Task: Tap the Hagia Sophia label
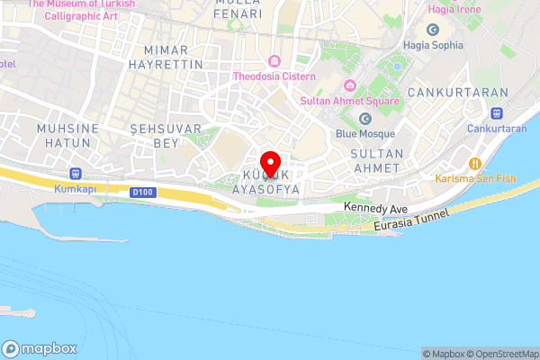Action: [x=433, y=45]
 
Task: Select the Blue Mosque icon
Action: [x=365, y=119]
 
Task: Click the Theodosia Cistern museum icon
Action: [x=272, y=61]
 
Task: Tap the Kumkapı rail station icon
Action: [x=75, y=174]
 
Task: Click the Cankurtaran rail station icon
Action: [x=496, y=113]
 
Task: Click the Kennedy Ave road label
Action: [x=377, y=209]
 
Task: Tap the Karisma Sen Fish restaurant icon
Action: [x=473, y=163]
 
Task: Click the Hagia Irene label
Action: [x=454, y=9]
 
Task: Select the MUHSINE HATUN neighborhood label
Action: [x=67, y=136]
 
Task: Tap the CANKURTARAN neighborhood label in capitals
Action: [x=458, y=93]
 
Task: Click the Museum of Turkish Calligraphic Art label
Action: [x=81, y=10]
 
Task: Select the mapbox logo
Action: [x=40, y=348]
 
